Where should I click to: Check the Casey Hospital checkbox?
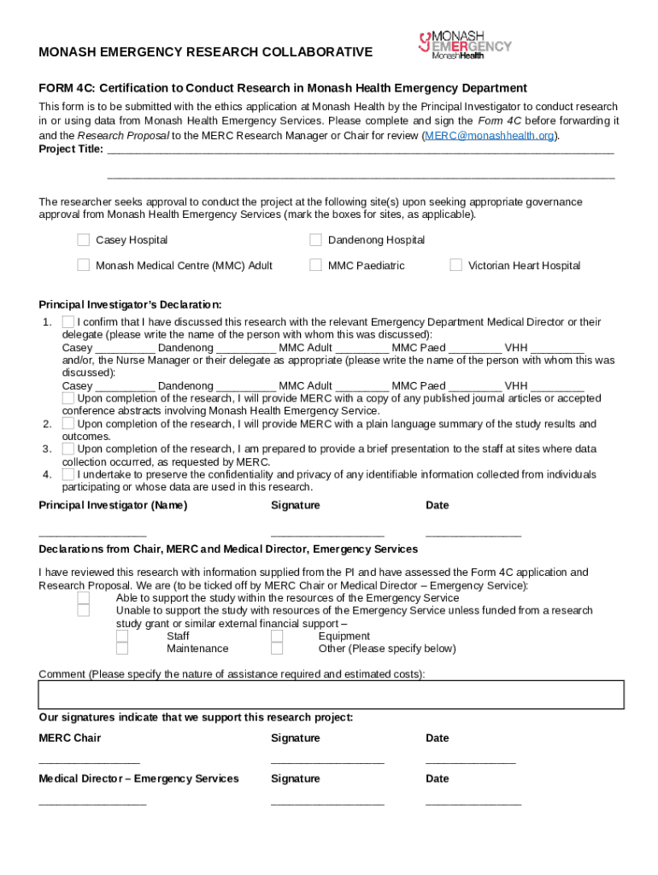tap(83, 240)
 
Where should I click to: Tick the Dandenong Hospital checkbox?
tap(315, 240)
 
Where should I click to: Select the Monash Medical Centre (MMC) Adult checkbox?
tap(83, 265)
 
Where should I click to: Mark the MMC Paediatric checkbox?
tap(315, 265)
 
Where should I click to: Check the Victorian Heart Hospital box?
tap(455, 265)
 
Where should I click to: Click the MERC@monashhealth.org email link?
tap(491, 136)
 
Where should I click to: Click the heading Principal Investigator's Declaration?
tap(130, 305)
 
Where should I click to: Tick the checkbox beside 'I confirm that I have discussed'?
tap(68, 322)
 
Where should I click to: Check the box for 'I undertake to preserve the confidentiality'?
tap(68, 474)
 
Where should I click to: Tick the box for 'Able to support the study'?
tap(83, 598)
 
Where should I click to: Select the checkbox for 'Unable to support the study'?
tap(83, 610)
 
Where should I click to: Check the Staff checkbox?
tap(122, 636)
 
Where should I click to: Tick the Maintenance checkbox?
tap(122, 649)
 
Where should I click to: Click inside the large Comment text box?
tap(331, 695)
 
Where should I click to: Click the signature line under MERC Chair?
tap(327, 760)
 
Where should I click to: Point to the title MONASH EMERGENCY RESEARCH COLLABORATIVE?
tap(205, 52)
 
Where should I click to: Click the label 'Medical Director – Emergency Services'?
tap(138, 778)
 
